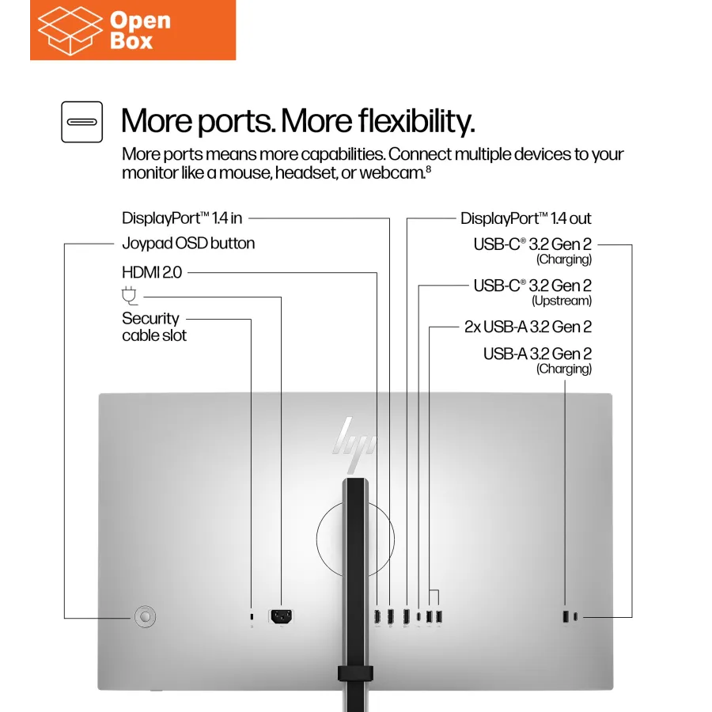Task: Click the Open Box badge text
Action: click(x=140, y=31)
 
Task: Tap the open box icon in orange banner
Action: click(x=70, y=30)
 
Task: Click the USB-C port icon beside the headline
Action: click(x=82, y=122)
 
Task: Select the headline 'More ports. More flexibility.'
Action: click(x=297, y=121)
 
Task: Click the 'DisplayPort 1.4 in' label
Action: click(x=182, y=218)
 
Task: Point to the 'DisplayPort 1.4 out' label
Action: click(x=525, y=218)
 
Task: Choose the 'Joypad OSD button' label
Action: click(x=188, y=243)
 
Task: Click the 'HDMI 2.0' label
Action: click(x=152, y=272)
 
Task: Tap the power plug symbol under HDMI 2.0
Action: click(x=130, y=297)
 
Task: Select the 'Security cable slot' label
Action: click(x=154, y=327)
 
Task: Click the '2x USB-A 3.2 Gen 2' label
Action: click(x=528, y=327)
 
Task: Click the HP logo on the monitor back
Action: click(x=355, y=437)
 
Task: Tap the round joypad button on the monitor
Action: click(x=144, y=616)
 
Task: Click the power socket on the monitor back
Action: click(x=282, y=616)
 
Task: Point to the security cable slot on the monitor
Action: click(x=252, y=617)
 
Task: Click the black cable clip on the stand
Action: click(x=355, y=672)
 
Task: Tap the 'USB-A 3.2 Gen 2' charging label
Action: click(x=537, y=354)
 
